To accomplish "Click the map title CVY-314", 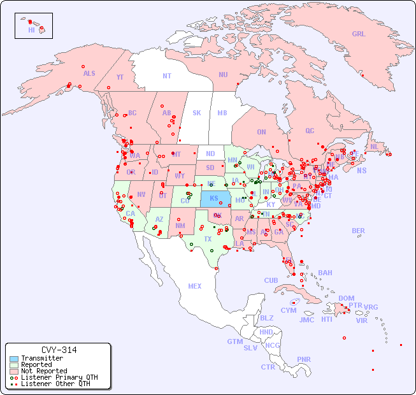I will pos(59,350).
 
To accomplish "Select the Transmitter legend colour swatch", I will pos(13,359).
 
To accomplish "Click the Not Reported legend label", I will pos(43,371).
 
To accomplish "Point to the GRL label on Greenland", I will pos(359,34).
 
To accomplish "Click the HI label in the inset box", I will pos(31,30).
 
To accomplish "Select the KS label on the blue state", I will pos(213,198).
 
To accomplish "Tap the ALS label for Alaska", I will pos(89,74).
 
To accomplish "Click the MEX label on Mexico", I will pos(195,286).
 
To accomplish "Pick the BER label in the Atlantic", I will pos(358,231).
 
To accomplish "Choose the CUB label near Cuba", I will pos(271,280).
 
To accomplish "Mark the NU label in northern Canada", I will pos(223,75).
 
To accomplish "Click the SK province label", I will pos(197,113).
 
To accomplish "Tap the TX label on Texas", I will pos(208,239).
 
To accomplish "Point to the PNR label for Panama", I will pos(304,359).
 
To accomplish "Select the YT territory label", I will pos(120,77).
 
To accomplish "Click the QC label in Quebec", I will pos(310,131).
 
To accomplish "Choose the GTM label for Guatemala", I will pos(234,341).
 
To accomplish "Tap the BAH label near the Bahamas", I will pos(325,273).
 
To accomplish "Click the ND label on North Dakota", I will pos(210,154).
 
